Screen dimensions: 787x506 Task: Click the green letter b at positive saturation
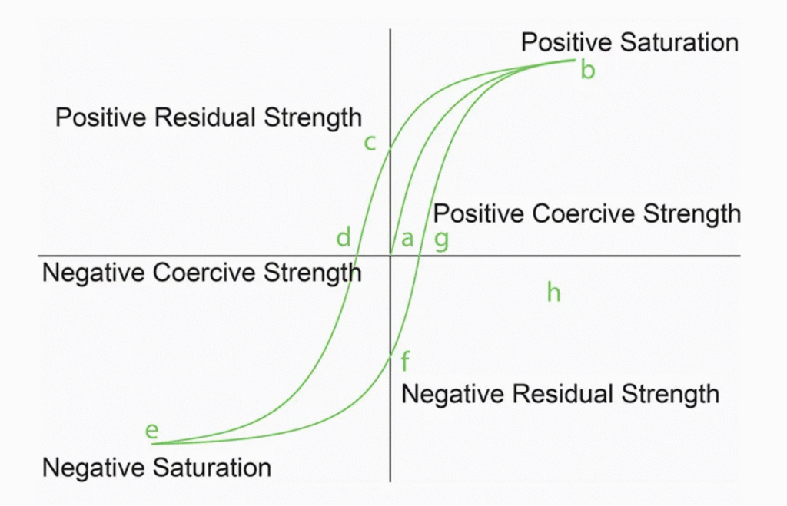(x=588, y=70)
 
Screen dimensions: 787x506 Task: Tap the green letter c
(x=370, y=144)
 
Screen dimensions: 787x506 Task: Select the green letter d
(x=344, y=237)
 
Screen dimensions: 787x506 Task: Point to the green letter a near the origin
(x=407, y=240)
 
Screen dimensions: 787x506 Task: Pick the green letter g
(x=441, y=240)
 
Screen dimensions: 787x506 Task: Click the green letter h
(x=553, y=292)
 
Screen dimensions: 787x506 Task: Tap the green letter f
(x=405, y=361)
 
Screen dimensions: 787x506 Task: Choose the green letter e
(x=151, y=431)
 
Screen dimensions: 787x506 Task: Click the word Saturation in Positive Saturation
(x=679, y=42)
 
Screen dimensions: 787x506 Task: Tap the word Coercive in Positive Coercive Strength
(x=584, y=213)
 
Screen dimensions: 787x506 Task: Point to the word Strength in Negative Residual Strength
(x=670, y=394)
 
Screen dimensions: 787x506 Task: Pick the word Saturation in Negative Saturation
(x=212, y=468)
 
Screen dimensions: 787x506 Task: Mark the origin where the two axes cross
(x=390, y=256)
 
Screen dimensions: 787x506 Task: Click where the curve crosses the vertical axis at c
(x=390, y=150)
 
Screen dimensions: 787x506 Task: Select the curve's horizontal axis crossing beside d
(x=357, y=256)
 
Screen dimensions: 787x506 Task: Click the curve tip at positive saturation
(x=575, y=60)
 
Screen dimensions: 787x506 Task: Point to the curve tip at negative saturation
(x=152, y=443)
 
